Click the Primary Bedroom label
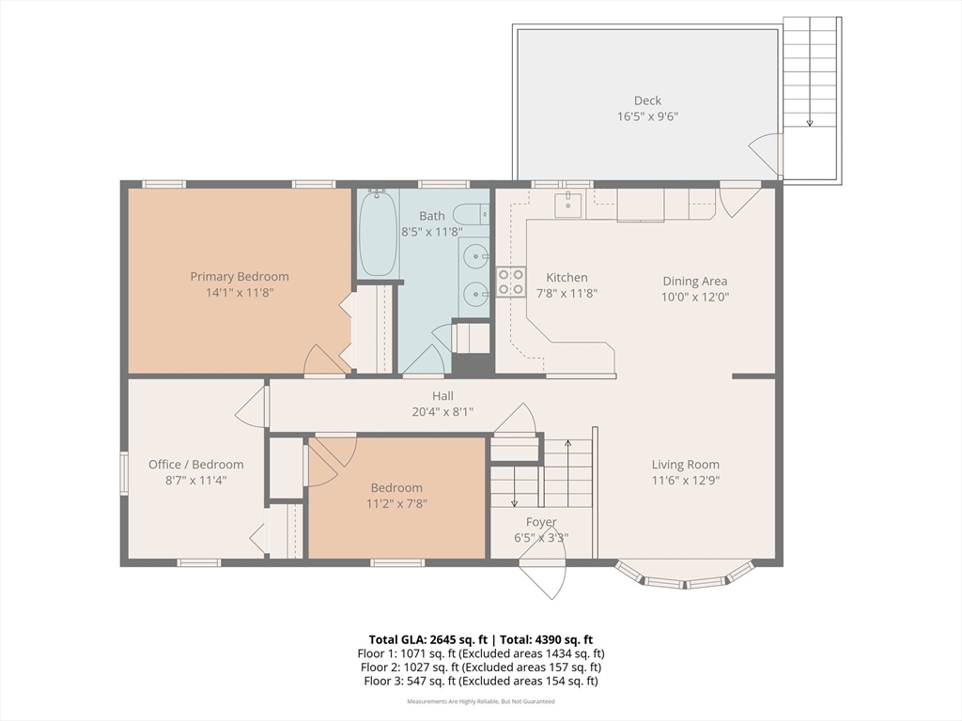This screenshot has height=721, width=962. [240, 277]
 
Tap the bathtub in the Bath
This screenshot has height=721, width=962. [378, 234]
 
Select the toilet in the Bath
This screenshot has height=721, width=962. [472, 215]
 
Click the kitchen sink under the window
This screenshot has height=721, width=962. [568, 205]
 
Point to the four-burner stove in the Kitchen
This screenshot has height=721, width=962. [510, 282]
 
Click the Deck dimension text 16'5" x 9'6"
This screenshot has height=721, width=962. [648, 116]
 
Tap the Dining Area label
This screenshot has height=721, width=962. [695, 281]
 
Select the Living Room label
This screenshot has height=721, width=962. [685, 465]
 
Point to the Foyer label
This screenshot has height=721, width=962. [541, 522]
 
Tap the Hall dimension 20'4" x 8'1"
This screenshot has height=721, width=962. [442, 412]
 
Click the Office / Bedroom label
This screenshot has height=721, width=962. [195, 465]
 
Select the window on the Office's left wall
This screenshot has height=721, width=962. [124, 472]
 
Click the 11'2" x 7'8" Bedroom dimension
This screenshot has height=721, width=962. [396, 504]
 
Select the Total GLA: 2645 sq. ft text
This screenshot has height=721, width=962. [427, 640]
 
